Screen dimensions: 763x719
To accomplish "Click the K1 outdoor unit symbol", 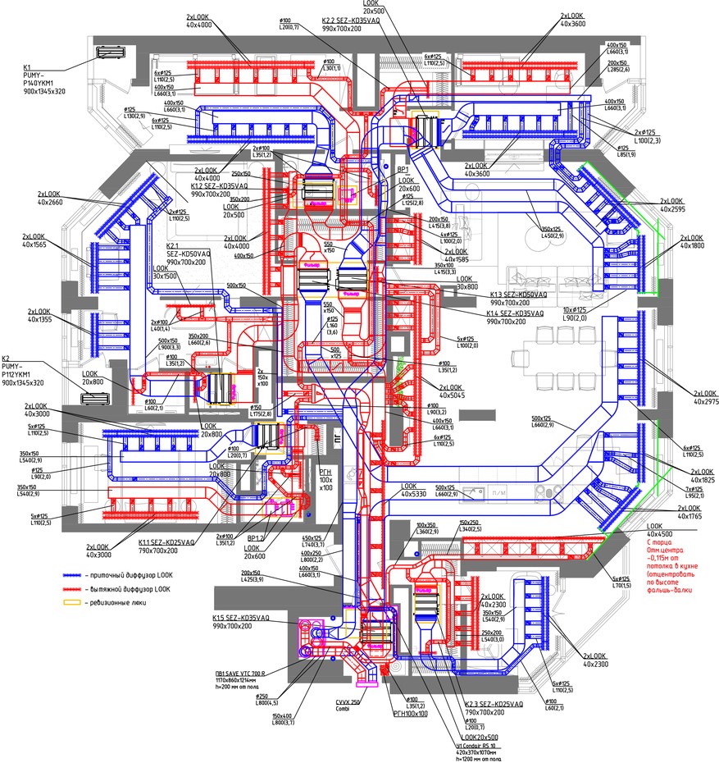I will point(109,54).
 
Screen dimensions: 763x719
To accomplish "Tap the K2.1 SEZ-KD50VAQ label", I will point(188,251).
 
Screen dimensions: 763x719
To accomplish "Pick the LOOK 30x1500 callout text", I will point(164,272).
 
